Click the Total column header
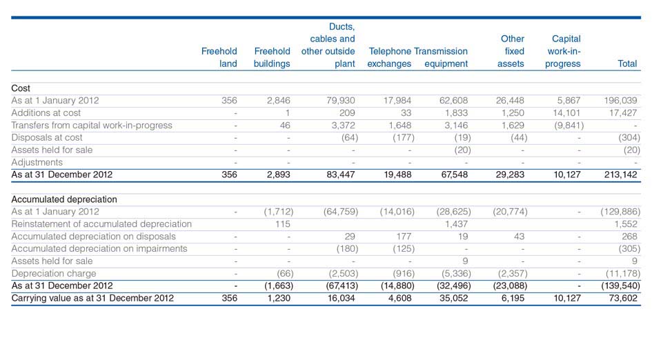[627, 63]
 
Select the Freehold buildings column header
[272, 57]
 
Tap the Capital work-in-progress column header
[563, 51]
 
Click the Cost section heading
[21, 88]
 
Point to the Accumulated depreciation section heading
[64, 199]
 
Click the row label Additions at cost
[46, 112]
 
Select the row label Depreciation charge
[54, 274]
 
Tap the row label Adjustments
[37, 162]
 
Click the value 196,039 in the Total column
[620, 101]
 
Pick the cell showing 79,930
[341, 101]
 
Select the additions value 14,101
[566, 112]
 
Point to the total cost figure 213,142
[620, 174]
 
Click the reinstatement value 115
[283, 224]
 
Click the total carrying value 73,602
[623, 298]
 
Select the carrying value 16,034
[341, 298]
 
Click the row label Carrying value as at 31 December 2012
[92, 298]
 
